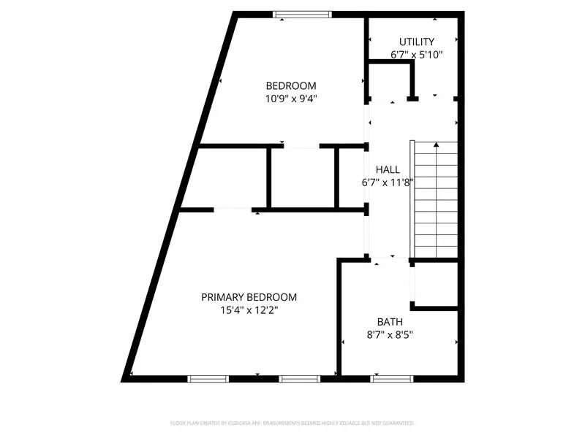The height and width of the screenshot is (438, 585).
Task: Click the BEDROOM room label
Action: pos(290,85)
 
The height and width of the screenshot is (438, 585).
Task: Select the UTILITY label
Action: pos(417,42)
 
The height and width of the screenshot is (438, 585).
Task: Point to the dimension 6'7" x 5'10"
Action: pos(417,55)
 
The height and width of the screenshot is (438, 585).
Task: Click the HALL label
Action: pos(388,169)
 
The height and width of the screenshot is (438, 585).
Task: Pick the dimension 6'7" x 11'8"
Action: pos(388,182)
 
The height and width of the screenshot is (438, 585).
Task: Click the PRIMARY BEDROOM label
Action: pos(249,297)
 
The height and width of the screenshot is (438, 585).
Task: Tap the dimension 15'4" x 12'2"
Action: pos(249,310)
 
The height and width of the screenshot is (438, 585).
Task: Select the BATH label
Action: pos(390,322)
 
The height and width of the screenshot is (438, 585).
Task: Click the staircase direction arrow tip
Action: pos(437,145)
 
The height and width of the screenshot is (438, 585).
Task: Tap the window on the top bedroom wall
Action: pos(303,14)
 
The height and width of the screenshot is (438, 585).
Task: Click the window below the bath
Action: pos(392,378)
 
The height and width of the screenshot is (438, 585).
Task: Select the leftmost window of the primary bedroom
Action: pos(208,378)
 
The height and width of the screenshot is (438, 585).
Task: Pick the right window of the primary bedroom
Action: pos(300,378)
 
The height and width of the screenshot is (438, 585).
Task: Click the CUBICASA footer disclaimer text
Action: pos(292,423)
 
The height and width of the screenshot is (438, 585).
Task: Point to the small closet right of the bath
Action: pos(437,283)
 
